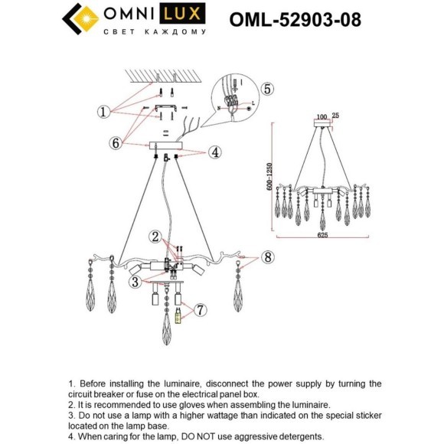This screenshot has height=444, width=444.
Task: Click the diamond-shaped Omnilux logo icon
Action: point(80,19)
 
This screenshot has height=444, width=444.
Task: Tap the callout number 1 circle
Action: point(104,112)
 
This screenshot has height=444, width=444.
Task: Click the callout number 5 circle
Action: point(266,89)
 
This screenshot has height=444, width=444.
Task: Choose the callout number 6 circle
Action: point(116,142)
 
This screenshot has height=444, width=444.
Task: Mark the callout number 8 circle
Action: point(266,256)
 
